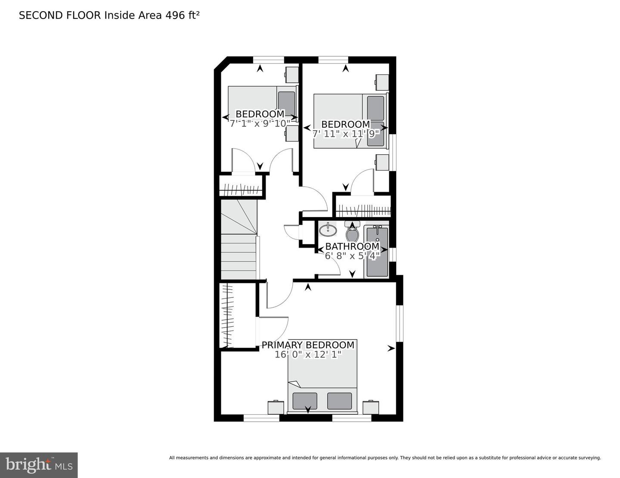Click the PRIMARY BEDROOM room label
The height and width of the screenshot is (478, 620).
click(x=308, y=345)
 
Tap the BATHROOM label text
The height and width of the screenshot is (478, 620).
click(x=352, y=246)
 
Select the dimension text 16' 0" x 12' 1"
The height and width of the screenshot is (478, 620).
click(x=308, y=355)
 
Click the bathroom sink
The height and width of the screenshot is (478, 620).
click(x=328, y=230)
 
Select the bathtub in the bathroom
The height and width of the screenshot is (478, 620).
click(x=377, y=251)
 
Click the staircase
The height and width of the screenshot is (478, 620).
click(x=239, y=241)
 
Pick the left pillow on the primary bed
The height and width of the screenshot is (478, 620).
click(x=305, y=401)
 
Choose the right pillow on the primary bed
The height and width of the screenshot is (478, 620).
click(x=339, y=401)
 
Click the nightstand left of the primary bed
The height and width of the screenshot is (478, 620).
click(x=276, y=407)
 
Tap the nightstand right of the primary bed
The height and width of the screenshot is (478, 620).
click(x=371, y=407)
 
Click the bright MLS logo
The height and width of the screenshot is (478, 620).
click(x=39, y=465)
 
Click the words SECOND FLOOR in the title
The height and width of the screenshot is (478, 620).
click(x=60, y=15)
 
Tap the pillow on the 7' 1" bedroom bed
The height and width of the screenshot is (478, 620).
click(x=286, y=103)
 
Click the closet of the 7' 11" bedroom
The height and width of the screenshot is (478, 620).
click(x=363, y=206)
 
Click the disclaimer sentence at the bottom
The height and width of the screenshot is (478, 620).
click(x=385, y=458)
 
